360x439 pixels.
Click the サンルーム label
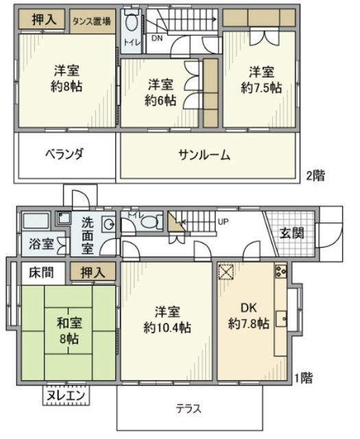click(204, 155)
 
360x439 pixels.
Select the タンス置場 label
click(92, 21)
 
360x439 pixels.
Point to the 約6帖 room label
click(161, 99)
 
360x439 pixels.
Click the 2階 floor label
click(315, 175)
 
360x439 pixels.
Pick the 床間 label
click(40, 273)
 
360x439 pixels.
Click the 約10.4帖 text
click(167, 327)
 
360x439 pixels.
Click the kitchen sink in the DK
click(281, 319)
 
